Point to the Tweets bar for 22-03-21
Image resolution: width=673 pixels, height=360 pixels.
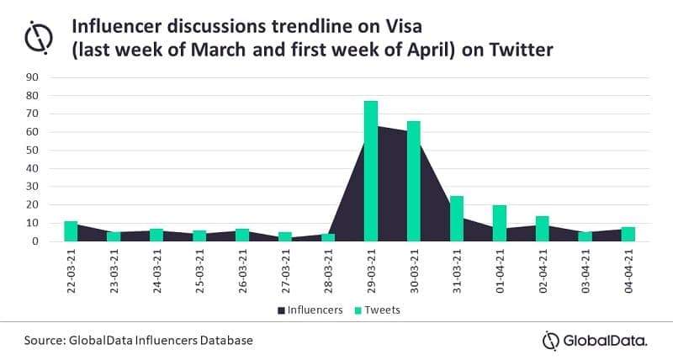point(71,231)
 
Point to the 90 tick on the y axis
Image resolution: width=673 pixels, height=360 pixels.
point(33,77)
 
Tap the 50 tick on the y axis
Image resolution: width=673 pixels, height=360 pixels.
point(33,150)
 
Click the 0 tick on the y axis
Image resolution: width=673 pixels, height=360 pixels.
point(36,241)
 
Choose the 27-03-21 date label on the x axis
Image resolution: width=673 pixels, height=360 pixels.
point(286,270)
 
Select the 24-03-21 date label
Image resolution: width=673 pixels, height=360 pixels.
point(157,270)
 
